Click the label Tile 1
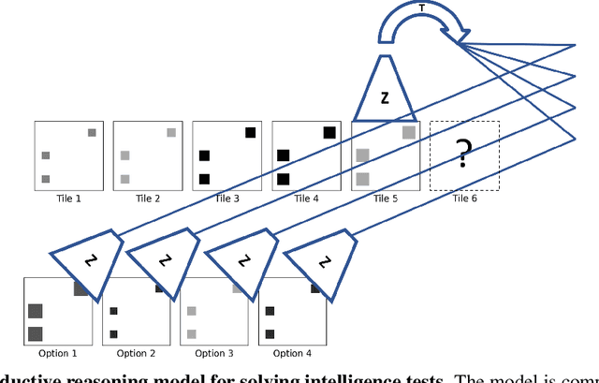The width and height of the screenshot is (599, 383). [69, 199]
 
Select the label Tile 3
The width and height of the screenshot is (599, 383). [227, 199]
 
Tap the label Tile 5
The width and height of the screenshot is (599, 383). [386, 199]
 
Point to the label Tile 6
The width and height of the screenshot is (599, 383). [464, 199]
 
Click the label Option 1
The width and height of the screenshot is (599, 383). [58, 353]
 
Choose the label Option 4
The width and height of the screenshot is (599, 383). [292, 353]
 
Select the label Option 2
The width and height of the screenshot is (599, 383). [136, 353]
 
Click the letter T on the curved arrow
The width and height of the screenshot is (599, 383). [420, 7]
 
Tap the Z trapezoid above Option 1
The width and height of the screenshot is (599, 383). [86, 254]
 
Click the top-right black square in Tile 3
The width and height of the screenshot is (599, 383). [250, 133]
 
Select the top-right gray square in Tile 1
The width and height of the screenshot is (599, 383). [92, 133]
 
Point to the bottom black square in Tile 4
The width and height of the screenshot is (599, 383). [282, 178]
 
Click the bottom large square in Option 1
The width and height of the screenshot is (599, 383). [36, 332]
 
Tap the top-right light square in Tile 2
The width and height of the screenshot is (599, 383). [171, 133]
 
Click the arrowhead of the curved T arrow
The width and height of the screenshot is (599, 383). [457, 37]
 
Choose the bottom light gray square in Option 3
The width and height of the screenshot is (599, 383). [192, 333]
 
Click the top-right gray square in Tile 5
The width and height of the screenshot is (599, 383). [409, 133]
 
